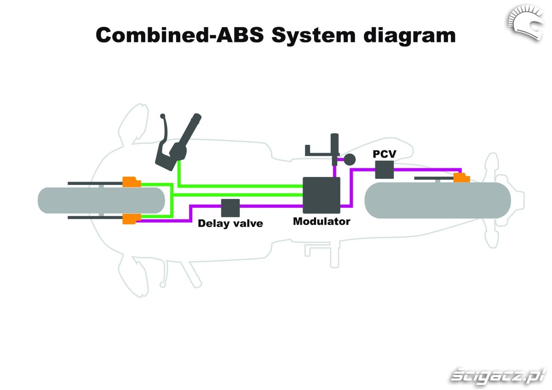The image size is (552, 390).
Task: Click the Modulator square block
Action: [x=321, y=195]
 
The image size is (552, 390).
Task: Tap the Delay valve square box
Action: [x=230, y=208]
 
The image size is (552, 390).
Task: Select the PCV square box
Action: [x=384, y=170]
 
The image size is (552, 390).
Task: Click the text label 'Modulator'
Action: [x=322, y=221]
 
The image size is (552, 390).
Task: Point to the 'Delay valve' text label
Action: [x=230, y=224]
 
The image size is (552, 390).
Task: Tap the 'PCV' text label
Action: [x=384, y=154]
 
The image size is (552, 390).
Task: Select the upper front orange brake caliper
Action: [x=131, y=182]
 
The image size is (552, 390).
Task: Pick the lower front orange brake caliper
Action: [x=131, y=219]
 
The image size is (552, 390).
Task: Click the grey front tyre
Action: [x=101, y=201]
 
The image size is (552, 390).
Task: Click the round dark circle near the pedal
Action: [x=350, y=159]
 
